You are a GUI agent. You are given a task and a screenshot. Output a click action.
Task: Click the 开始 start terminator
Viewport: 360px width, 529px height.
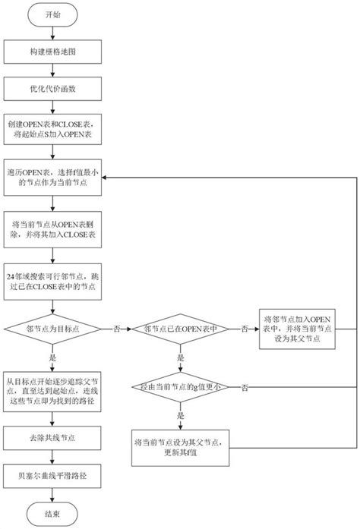50,14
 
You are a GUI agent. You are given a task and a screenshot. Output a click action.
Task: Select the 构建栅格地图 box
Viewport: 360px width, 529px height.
50,51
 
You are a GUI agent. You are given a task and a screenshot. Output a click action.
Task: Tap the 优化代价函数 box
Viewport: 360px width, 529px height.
50,88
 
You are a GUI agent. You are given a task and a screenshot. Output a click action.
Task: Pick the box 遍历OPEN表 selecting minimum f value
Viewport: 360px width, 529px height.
50,178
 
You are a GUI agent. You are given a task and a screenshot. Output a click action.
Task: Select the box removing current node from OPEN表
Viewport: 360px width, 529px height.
50,231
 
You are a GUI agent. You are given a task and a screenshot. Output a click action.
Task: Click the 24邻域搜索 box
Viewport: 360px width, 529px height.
50,282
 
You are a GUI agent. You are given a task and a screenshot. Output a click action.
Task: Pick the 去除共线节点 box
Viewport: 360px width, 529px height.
50,439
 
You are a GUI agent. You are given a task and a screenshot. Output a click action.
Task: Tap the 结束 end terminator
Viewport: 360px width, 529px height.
50,513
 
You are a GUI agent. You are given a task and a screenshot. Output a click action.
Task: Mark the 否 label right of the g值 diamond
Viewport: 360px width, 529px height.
244,388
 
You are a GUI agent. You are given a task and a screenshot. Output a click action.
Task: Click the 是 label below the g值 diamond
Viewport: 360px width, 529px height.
179,416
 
